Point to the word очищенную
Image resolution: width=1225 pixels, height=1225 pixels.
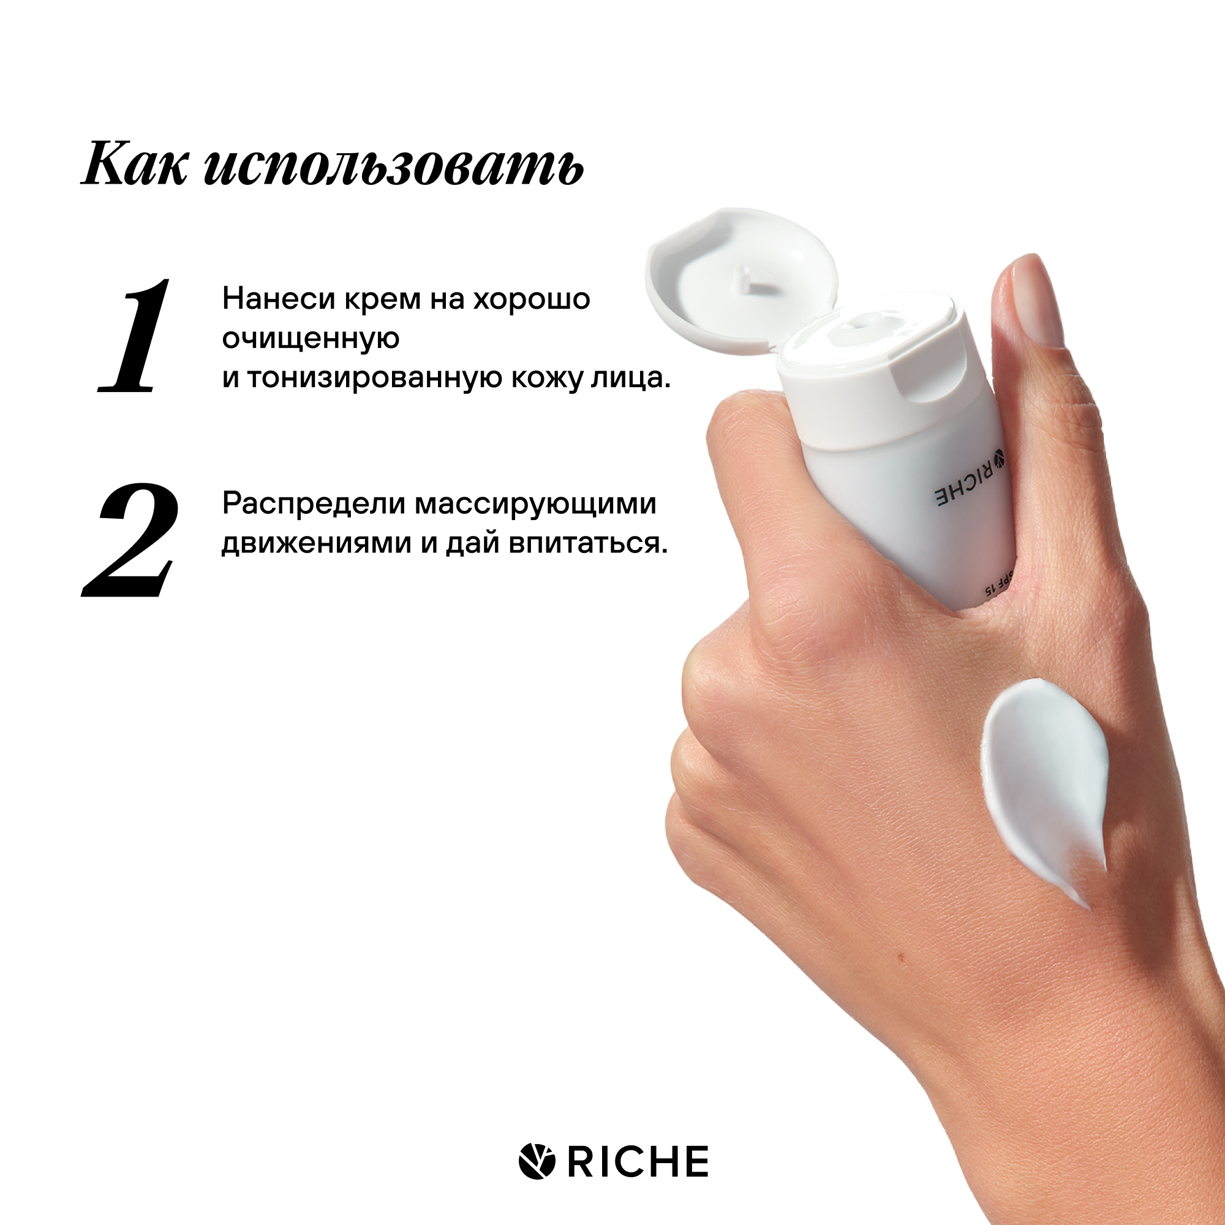[x=311, y=339]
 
